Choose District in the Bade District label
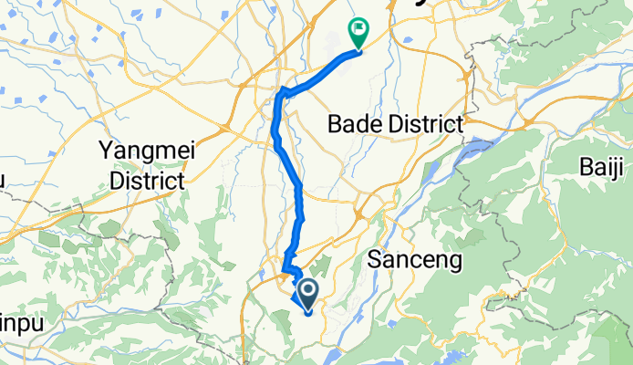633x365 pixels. [429, 123]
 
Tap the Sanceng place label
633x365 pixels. [415, 260]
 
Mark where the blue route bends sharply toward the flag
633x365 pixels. [284, 90]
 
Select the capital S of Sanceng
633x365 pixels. [375, 260]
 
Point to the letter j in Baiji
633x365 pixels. [617, 168]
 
